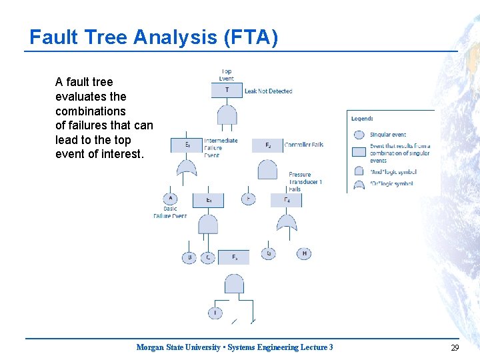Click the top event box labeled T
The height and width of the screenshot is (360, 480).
[x=227, y=90]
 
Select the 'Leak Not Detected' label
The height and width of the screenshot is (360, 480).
[x=269, y=91]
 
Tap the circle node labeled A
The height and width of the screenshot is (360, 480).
[x=170, y=199]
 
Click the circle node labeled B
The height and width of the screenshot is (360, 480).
[x=189, y=257]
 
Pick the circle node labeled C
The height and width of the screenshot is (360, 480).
[x=207, y=257]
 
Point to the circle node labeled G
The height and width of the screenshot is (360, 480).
[x=268, y=253]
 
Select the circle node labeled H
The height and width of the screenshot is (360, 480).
[x=304, y=253]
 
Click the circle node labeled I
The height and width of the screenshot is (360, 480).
[x=215, y=312]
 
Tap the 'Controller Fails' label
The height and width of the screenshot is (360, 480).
[x=304, y=145]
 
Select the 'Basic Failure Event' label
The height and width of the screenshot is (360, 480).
[x=170, y=212]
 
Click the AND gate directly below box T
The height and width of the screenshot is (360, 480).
[x=227, y=114]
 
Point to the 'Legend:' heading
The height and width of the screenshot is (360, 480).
[x=362, y=119]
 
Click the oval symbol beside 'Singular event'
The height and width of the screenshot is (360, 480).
[x=359, y=135]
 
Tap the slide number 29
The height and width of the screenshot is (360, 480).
[x=455, y=347]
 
